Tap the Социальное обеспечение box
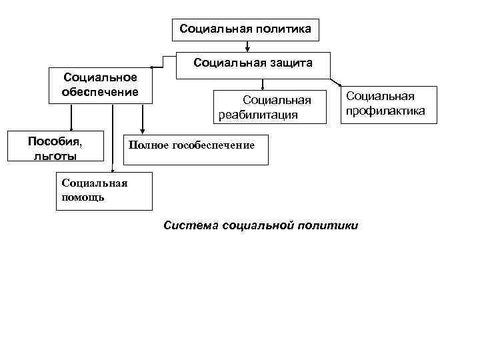(x=101, y=85)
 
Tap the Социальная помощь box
(x=103, y=191)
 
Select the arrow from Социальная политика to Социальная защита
(x=247, y=45)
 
